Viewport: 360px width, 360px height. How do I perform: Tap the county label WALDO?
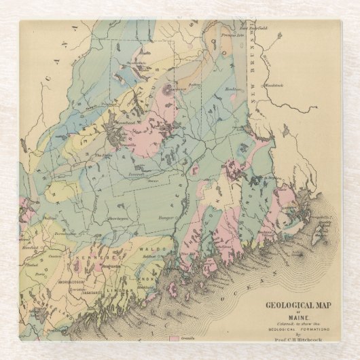pyautogui.click(x=158, y=249)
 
